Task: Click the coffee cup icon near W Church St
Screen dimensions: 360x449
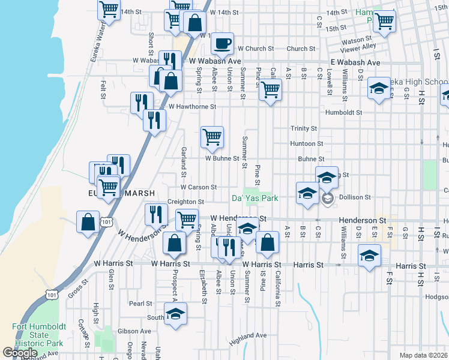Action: pyautogui.click(x=222, y=43)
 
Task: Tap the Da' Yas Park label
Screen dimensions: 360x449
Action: pyautogui.click(x=255, y=197)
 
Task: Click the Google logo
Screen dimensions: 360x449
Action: pyautogui.click(x=20, y=353)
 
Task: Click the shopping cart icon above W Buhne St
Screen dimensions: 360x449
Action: pyautogui.click(x=212, y=137)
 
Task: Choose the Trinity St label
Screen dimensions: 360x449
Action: pyautogui.click(x=303, y=128)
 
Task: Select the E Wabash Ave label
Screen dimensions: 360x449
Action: pyautogui.click(x=355, y=62)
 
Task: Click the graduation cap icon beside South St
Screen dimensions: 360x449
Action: pyautogui.click(x=175, y=314)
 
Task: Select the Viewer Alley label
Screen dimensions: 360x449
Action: pyautogui.click(x=359, y=46)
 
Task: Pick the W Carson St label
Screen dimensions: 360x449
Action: pyautogui.click(x=198, y=188)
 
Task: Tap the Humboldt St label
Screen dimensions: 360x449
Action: pyautogui.click(x=344, y=112)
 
